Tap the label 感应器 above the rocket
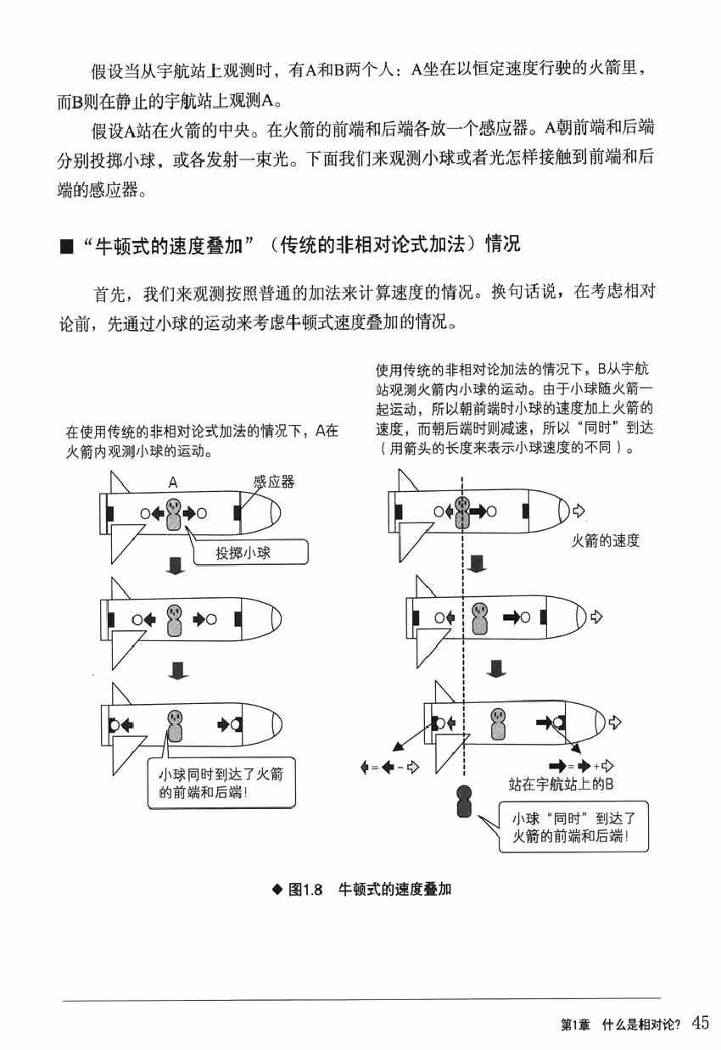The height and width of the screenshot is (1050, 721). click(273, 482)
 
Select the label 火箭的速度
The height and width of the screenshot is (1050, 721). click(605, 540)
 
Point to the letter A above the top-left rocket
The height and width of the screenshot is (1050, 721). click(172, 483)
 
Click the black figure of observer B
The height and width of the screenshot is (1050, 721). click(464, 801)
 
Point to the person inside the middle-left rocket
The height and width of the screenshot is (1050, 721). click(175, 620)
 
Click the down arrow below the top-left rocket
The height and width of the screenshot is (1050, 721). click(176, 566)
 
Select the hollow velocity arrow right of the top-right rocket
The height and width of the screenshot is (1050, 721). click(580, 511)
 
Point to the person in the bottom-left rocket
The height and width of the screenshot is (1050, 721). click(175, 726)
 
